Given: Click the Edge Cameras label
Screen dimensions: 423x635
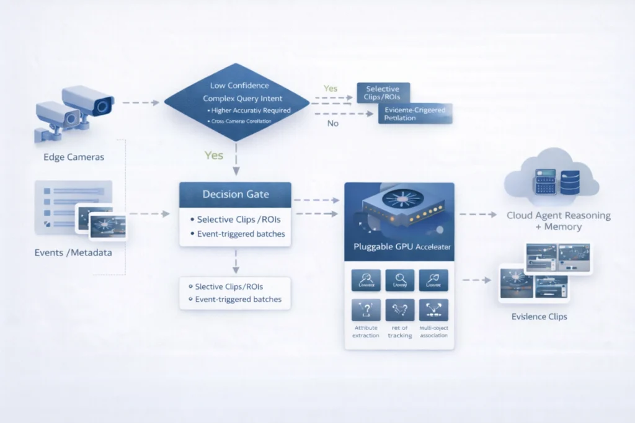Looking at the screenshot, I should click(x=74, y=157).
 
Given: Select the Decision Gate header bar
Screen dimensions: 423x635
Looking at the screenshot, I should click(x=235, y=194).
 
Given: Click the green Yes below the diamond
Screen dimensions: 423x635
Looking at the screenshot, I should click(x=213, y=155).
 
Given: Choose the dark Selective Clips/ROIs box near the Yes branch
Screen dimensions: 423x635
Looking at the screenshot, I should click(x=383, y=93).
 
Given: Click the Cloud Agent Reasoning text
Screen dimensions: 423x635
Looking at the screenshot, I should click(x=558, y=216).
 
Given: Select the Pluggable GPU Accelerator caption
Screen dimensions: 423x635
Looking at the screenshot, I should click(x=399, y=247).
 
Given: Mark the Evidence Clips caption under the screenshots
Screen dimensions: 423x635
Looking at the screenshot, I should click(x=539, y=316).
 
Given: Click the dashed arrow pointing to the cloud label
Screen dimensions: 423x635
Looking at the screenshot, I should click(x=478, y=215).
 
